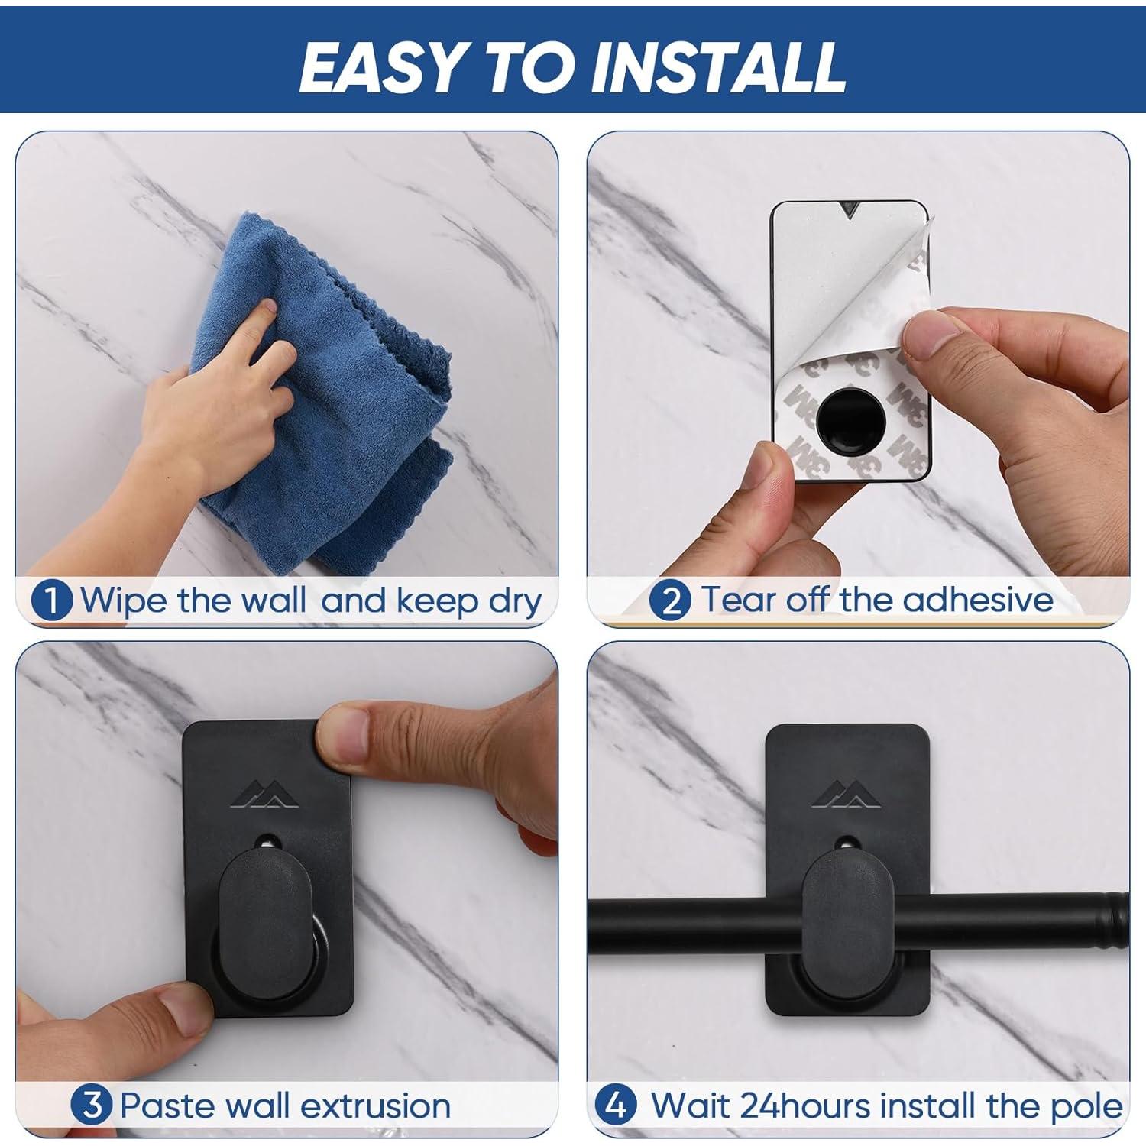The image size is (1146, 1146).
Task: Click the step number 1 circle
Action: point(52,601)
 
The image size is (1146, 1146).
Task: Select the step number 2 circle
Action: point(671,601)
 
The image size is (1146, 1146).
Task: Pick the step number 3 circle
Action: point(92,1105)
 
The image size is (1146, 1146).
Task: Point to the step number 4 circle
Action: point(616,1105)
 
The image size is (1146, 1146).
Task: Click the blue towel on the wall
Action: point(336,397)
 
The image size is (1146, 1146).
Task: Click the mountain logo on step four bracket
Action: point(843,795)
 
